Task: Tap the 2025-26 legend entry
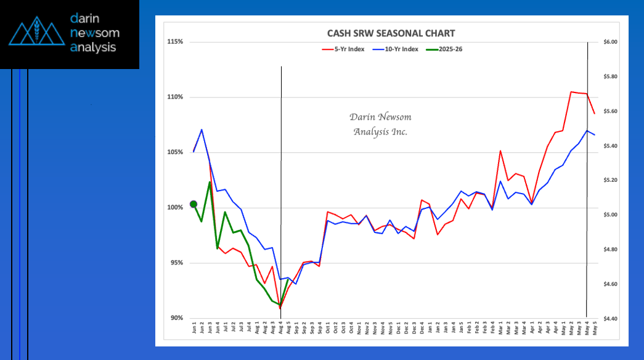[x=448, y=49]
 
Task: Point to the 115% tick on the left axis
[x=176, y=42]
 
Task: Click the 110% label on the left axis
[x=176, y=97]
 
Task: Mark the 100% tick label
[x=176, y=208]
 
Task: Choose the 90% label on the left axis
[x=177, y=318]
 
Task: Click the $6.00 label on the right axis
[x=610, y=42]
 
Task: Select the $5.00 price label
[x=610, y=215]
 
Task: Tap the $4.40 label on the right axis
[x=610, y=319]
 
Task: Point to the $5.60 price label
[x=610, y=112]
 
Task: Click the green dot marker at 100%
[x=194, y=204]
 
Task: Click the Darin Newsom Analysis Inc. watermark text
[x=380, y=124]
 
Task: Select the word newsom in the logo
[x=95, y=33]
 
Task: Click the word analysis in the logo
[x=93, y=47]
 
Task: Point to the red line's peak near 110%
[x=571, y=92]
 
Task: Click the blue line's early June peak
[x=202, y=129]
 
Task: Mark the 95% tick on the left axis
[x=177, y=263]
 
